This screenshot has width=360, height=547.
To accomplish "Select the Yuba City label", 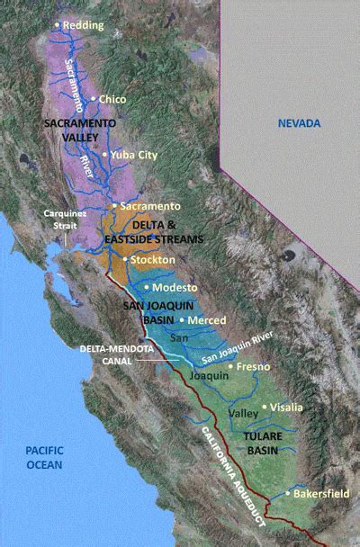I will click(135, 155).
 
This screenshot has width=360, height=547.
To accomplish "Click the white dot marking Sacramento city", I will click(112, 206).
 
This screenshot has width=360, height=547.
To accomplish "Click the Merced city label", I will click(206, 319).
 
